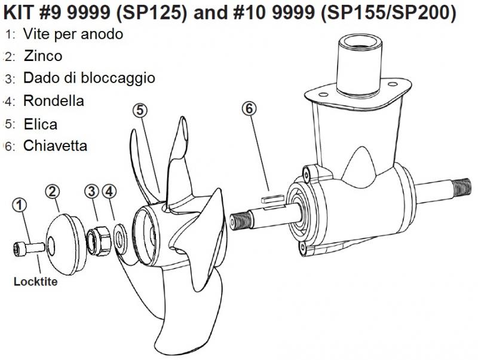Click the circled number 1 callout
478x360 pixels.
[20, 205]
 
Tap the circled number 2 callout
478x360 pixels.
[53, 191]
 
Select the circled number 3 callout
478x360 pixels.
[91, 191]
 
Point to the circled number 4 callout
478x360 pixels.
[109, 191]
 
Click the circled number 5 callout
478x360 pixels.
[140, 110]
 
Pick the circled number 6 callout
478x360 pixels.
[249, 108]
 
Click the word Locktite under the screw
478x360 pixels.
[36, 281]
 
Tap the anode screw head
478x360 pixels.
[19, 248]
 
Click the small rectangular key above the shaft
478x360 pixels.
[272, 199]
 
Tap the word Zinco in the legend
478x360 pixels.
[43, 56]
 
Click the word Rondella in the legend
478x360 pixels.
[54, 101]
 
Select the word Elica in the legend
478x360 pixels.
[41, 124]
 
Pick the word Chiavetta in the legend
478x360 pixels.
[56, 146]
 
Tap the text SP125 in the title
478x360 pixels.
[151, 13]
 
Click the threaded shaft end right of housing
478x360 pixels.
[463, 188]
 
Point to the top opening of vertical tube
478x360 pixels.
[360, 41]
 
